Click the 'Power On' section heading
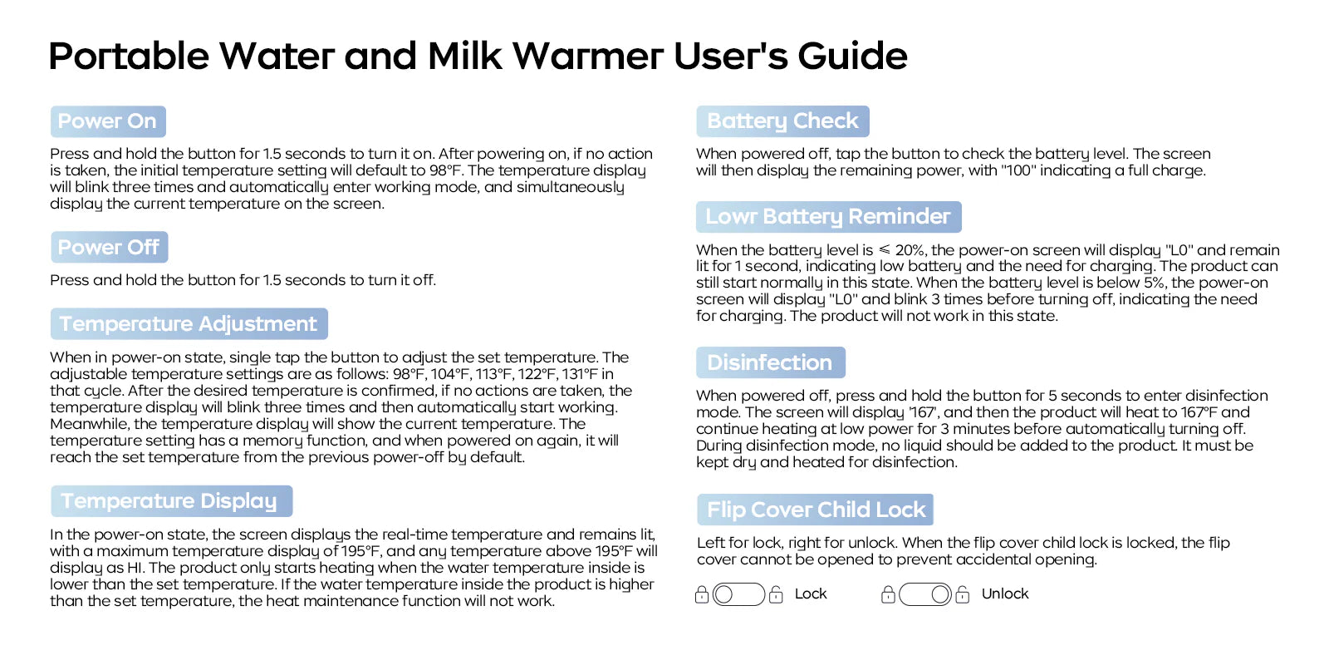pyautogui.click(x=108, y=121)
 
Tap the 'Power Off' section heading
pyautogui.click(x=109, y=247)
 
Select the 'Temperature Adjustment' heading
pyautogui.click(x=189, y=323)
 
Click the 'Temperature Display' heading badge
pyautogui.click(x=171, y=501)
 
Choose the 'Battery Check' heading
pyautogui.click(x=782, y=121)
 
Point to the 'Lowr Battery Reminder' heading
pyautogui.click(x=828, y=217)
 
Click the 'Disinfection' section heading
pyautogui.click(x=770, y=362)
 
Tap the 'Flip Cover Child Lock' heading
pyautogui.click(x=815, y=510)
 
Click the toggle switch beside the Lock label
pyautogui.click(x=738, y=594)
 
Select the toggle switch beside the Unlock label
pyautogui.click(x=925, y=594)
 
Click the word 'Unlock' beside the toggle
pyautogui.click(x=1004, y=594)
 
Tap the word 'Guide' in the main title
pyautogui.click(x=852, y=57)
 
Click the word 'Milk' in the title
pyautogui.click(x=464, y=57)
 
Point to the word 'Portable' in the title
pyautogui.click(x=129, y=57)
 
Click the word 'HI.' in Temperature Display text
pyautogui.click(x=135, y=568)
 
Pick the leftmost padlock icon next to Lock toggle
pyautogui.click(x=701, y=594)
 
